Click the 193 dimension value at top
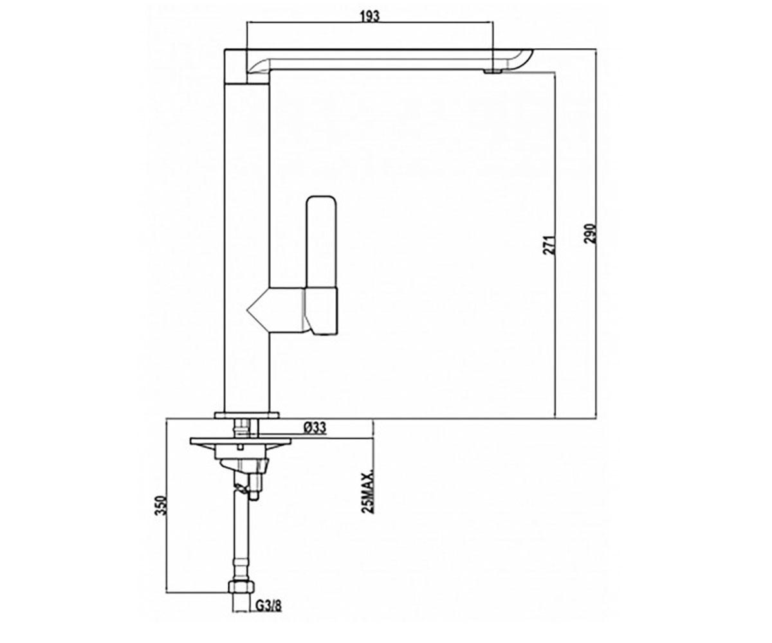click(369, 17)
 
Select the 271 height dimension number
click(549, 244)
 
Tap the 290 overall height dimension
click(590, 233)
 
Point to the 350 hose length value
click(162, 505)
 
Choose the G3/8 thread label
click(269, 616)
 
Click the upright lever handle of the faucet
click(321, 242)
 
